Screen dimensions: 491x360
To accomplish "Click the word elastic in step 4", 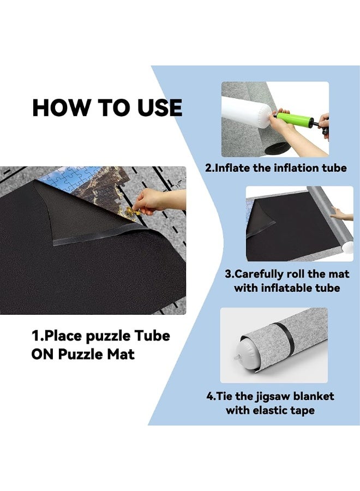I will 274,410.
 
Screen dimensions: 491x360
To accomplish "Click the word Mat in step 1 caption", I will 121,354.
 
